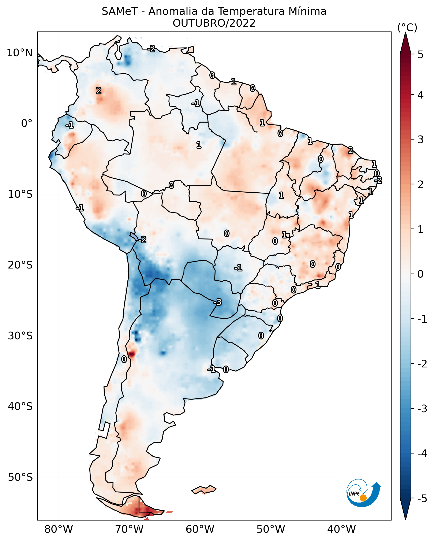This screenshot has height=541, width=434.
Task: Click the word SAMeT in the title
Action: (120, 12)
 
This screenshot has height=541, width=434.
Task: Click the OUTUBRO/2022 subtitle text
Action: (214, 23)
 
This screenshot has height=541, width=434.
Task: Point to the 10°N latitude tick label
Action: (20, 53)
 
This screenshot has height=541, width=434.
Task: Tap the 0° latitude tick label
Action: (27, 123)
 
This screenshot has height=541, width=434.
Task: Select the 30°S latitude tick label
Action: (20, 336)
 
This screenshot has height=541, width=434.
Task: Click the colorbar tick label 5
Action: (420, 55)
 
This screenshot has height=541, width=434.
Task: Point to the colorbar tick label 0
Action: (420, 274)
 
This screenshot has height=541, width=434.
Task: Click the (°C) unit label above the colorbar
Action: (407, 28)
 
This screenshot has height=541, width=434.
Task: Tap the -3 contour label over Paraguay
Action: (218, 302)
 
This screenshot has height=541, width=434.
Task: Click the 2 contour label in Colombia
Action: (99, 90)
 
